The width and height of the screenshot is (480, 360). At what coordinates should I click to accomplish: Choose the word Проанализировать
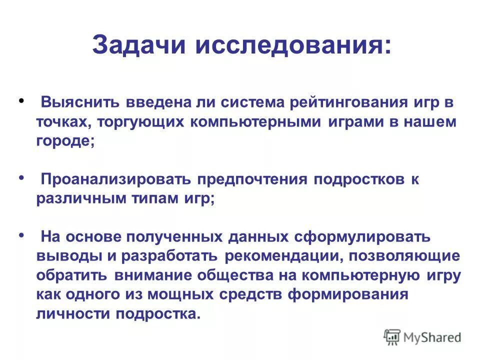[115, 179]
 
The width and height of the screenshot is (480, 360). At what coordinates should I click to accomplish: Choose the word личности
[73, 313]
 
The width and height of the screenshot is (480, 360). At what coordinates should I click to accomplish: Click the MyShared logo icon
[392, 336]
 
